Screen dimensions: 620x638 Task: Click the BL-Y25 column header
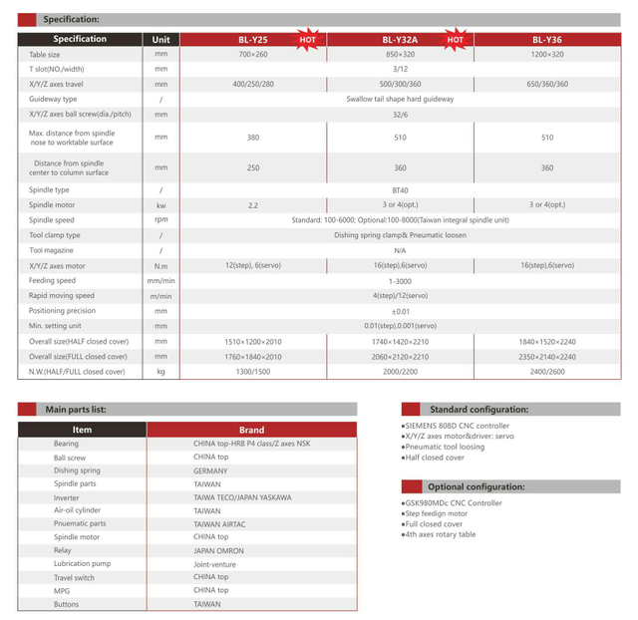(x=252, y=40)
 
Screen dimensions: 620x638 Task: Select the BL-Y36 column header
(x=547, y=40)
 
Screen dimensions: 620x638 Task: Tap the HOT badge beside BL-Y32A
(x=455, y=40)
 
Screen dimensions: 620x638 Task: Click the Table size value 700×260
(x=253, y=54)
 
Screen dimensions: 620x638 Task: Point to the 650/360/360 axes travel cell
(x=547, y=84)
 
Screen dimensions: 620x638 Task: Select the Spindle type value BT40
(x=400, y=189)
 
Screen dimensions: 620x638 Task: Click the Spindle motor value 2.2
(x=253, y=204)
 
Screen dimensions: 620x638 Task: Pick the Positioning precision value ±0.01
(x=400, y=311)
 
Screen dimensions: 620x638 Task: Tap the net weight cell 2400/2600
(x=547, y=371)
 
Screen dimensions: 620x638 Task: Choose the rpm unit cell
(x=161, y=219)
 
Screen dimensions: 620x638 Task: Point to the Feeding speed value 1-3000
(x=400, y=280)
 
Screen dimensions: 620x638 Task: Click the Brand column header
(x=251, y=430)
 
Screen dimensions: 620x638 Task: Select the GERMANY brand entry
(x=210, y=470)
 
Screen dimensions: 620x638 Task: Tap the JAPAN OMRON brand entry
(x=218, y=550)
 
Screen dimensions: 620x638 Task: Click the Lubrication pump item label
(x=82, y=563)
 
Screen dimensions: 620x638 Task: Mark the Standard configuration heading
(x=478, y=409)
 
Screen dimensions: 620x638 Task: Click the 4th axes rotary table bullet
(x=440, y=534)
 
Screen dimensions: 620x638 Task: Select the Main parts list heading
(x=76, y=409)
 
